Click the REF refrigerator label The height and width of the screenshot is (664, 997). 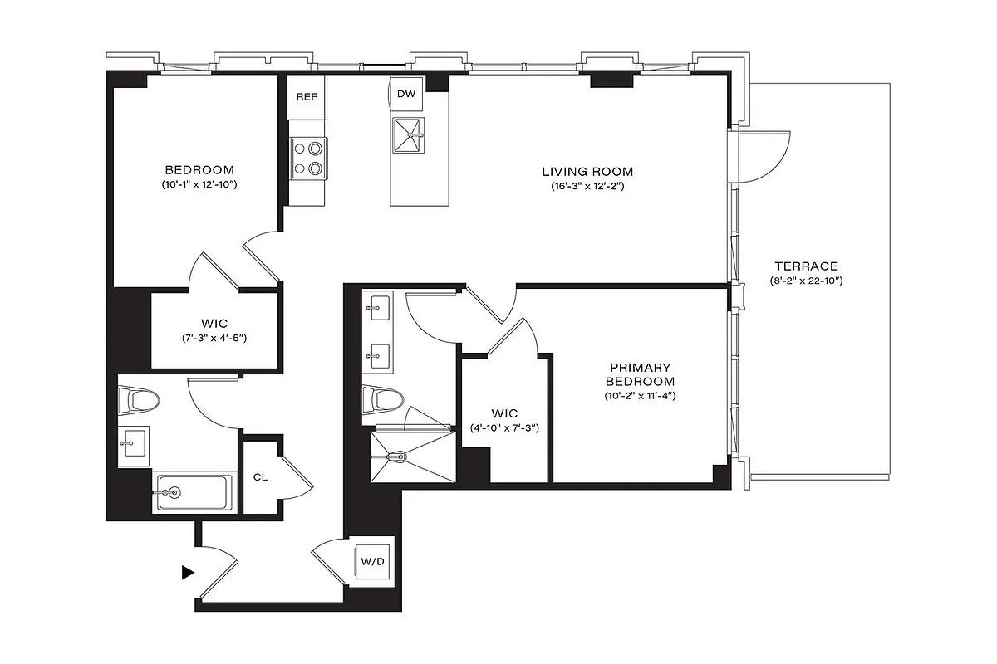click(307, 97)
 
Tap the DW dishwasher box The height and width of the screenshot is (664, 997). click(406, 94)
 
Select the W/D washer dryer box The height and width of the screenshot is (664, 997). click(372, 562)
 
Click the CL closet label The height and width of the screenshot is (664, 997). click(260, 477)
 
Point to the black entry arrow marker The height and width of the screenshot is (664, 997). click(188, 572)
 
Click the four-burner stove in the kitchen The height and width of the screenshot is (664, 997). click(308, 158)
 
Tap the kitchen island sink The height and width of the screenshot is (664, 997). click(407, 134)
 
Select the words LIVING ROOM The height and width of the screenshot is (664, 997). click(587, 172)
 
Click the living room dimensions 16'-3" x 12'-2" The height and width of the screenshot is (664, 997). click(587, 187)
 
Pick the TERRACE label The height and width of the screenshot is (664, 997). click(806, 266)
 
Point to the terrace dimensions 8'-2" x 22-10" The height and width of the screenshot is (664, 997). click(806, 281)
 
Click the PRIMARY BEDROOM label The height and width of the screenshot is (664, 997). click(640, 374)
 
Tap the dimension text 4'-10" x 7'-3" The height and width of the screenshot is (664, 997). click(504, 428)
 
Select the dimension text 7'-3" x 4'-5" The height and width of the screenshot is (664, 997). click(214, 338)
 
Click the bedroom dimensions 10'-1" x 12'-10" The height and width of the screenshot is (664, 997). click(199, 183)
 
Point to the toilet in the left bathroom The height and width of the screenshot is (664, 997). click(140, 402)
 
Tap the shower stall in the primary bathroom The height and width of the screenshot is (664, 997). click(410, 455)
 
